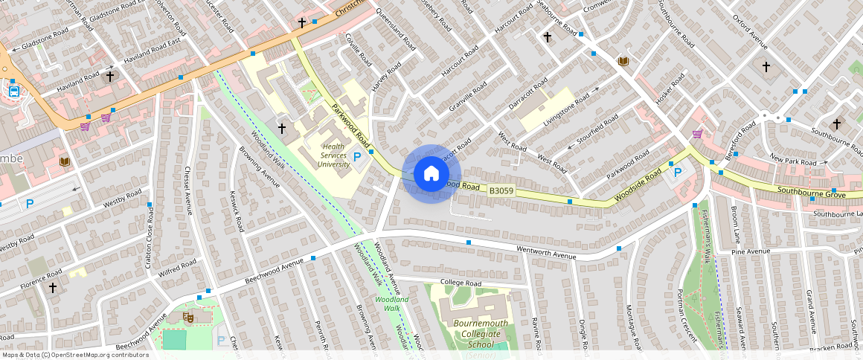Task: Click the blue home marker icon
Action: (x=431, y=174)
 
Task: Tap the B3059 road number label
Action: (x=500, y=191)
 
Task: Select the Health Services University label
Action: (x=335, y=155)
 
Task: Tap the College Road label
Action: (x=461, y=283)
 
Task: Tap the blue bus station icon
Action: (x=13, y=91)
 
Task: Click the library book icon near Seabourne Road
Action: (x=623, y=61)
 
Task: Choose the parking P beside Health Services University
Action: (x=358, y=157)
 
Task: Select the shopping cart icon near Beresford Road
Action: (x=697, y=134)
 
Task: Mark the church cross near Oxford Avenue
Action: (x=766, y=66)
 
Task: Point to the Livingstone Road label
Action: (x=570, y=109)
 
